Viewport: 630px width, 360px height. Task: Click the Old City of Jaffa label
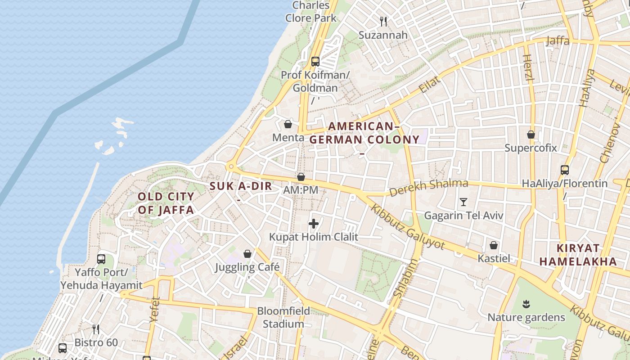click(166, 203)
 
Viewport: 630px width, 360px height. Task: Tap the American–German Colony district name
click(364, 133)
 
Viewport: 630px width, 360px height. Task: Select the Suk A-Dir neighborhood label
click(241, 186)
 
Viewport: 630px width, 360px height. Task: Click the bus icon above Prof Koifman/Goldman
click(315, 62)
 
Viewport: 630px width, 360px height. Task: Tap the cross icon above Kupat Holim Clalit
click(314, 223)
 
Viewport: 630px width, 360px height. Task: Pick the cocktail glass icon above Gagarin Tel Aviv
click(463, 202)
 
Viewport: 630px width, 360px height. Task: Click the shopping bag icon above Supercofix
click(531, 134)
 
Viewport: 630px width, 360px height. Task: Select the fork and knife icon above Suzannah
click(383, 21)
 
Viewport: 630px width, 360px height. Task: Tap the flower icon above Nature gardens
click(526, 304)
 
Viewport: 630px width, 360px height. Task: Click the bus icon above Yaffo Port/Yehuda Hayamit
click(101, 259)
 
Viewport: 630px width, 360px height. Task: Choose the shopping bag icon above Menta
click(288, 124)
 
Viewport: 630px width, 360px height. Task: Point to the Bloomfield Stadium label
click(283, 317)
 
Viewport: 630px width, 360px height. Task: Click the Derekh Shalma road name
click(428, 187)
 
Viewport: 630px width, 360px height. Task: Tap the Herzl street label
click(528, 67)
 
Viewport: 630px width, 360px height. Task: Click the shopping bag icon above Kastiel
click(494, 245)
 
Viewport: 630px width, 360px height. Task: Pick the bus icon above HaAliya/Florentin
click(565, 170)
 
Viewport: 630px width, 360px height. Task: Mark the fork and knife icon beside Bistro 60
click(95, 329)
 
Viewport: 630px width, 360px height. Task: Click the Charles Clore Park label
click(311, 12)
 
